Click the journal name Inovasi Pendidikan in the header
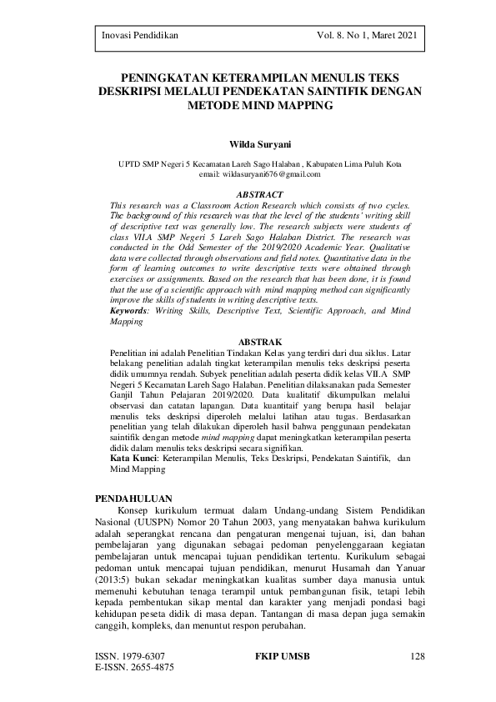click(x=139, y=36)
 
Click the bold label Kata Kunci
click(x=135, y=459)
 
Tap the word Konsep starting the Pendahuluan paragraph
click(x=137, y=509)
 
